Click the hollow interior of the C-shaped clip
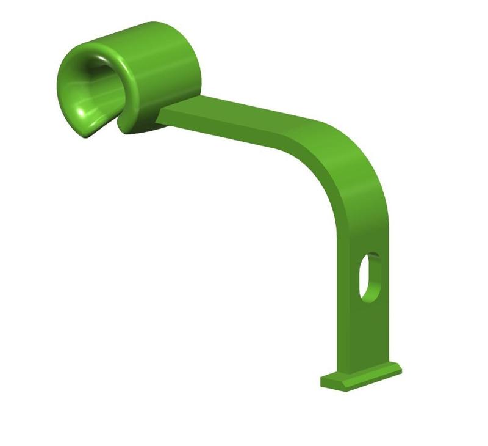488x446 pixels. pyautogui.click(x=91, y=92)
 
